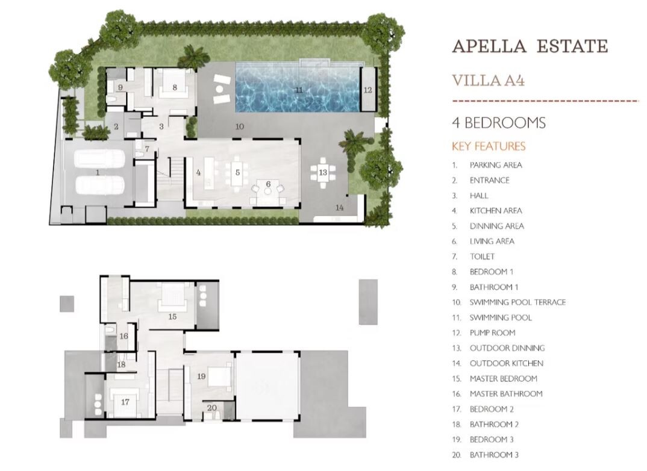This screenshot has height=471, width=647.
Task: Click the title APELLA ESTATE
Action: (530, 46)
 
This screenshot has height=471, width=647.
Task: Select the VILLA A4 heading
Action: (488, 80)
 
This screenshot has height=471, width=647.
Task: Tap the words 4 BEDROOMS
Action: (499, 123)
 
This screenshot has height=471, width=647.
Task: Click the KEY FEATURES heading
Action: (489, 146)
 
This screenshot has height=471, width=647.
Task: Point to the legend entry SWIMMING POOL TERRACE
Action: (517, 302)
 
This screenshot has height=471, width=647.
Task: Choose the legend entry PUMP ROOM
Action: (492, 333)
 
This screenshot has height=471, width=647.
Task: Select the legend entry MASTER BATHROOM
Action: (506, 394)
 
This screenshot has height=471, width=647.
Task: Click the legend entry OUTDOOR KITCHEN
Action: (506, 363)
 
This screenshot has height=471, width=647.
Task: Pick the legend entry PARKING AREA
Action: (496, 165)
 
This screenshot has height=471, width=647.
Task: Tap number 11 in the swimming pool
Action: (299, 90)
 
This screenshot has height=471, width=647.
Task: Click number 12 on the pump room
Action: (367, 90)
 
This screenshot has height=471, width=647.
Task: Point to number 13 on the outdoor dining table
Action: (323, 172)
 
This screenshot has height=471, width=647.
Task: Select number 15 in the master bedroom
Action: (172, 316)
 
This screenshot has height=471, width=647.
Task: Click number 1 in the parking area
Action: (98, 172)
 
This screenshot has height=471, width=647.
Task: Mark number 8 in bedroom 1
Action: (175, 87)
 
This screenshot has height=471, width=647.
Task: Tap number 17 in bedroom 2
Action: (125, 402)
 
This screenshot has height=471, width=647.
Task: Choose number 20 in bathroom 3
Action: (211, 408)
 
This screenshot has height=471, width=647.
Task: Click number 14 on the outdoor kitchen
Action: (339, 207)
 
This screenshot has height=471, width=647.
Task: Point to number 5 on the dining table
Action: (238, 172)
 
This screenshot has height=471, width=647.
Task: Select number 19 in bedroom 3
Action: (201, 376)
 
